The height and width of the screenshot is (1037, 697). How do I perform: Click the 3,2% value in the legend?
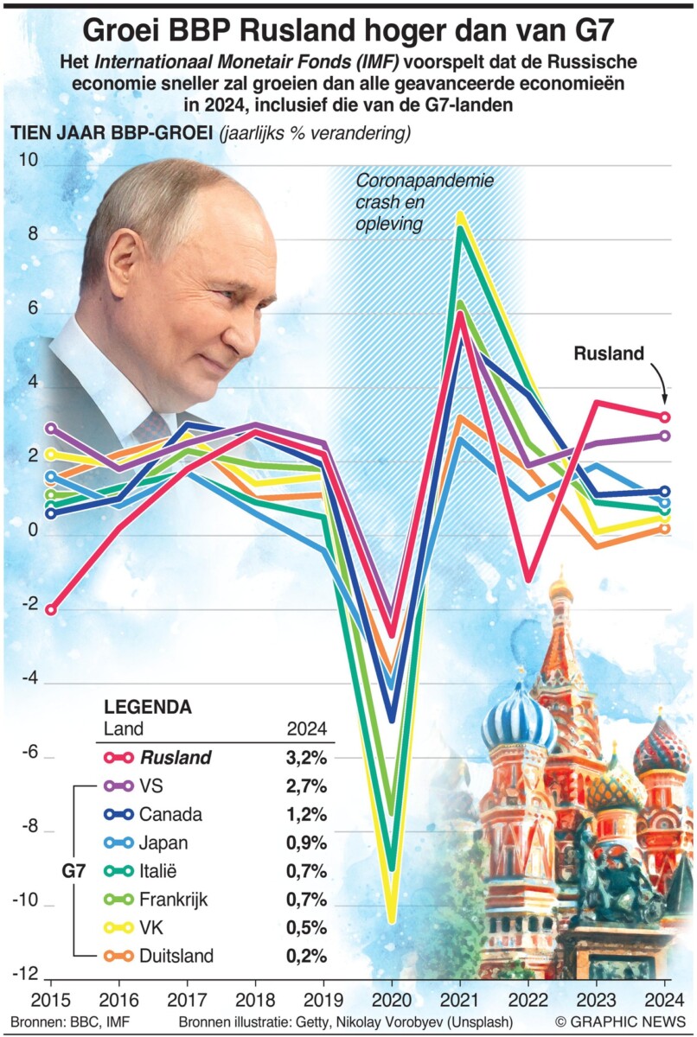[x=306, y=758]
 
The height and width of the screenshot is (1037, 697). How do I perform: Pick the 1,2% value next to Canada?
[x=306, y=814]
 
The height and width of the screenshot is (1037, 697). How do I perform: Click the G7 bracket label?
[x=73, y=870]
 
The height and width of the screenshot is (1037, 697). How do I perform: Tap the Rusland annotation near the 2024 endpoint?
[x=610, y=353]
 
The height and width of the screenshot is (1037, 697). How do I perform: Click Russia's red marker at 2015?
[x=50, y=609]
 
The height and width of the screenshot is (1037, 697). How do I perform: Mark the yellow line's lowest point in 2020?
[x=391, y=918]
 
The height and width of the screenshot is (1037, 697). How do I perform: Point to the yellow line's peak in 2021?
[x=460, y=215]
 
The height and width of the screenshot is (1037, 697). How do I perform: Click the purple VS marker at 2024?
[x=665, y=436]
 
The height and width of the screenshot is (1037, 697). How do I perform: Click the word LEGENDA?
[x=148, y=707]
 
